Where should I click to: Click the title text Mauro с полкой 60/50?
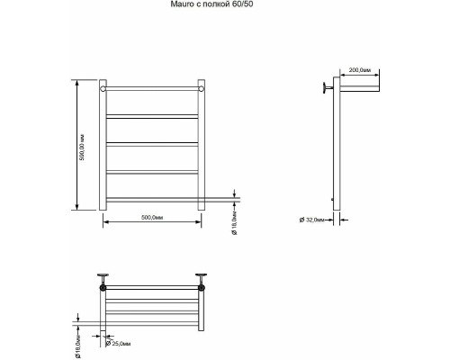[210, 4]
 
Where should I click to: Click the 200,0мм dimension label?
[360, 70]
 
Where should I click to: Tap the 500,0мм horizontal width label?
[152, 218]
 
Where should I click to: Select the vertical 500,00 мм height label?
[82, 147]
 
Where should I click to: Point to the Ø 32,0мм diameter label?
[311, 220]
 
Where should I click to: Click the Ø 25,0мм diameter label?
[119, 344]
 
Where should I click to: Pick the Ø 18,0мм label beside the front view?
[234, 223]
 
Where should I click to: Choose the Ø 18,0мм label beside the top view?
[77, 348]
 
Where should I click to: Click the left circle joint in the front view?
[103, 89]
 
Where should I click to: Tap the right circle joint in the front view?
[202, 89]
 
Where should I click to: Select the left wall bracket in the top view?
[103, 280]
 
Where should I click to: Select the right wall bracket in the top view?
[201, 280]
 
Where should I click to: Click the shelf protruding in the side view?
[359, 88]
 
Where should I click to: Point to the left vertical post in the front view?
[103, 145]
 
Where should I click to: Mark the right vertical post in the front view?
[202, 145]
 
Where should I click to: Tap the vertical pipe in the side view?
[337, 143]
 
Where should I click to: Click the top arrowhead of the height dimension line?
[77, 83]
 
